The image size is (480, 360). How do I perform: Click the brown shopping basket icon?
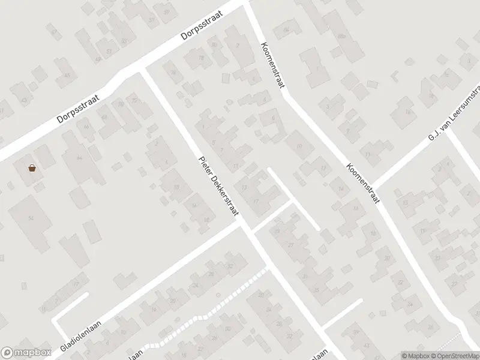32,167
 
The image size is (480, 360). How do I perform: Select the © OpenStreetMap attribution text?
455,356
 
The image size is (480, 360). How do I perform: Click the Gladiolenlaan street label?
80,335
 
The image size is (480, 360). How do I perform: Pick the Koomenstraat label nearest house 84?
272,65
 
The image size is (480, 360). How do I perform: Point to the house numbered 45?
67,76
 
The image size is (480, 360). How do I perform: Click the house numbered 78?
201,58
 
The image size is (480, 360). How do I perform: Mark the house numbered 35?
316,290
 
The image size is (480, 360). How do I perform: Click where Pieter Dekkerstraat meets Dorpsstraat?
142,70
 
